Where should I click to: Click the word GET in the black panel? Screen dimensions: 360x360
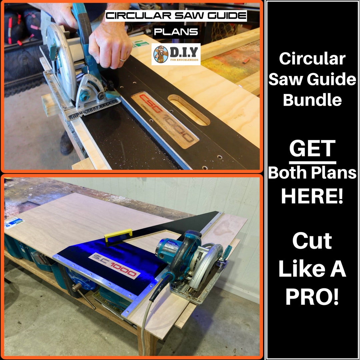[x=312, y=149]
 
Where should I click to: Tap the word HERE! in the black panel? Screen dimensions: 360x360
[x=312, y=197]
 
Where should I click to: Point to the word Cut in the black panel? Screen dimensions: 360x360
[x=312, y=241]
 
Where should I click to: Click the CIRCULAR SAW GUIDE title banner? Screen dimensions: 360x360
[x=176, y=16]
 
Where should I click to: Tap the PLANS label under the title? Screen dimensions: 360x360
[x=176, y=32]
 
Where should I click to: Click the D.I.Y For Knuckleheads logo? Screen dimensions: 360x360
[x=176, y=54]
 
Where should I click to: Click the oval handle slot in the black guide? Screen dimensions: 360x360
[x=189, y=110]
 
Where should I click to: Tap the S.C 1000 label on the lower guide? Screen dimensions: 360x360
[x=114, y=266]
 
